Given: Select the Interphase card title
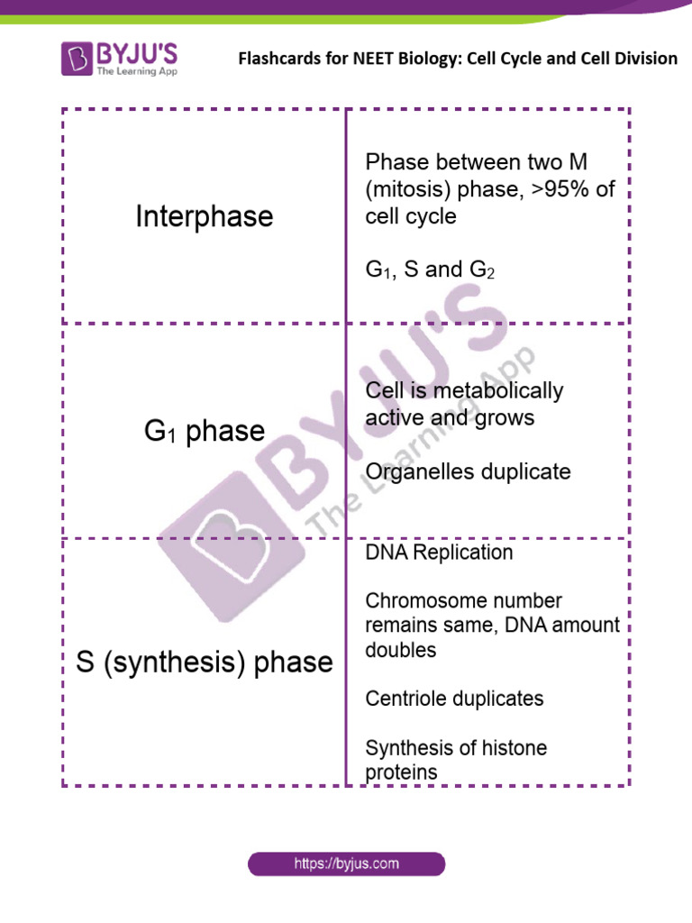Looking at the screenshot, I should point(204,216).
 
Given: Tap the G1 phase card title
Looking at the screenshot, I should point(204,431).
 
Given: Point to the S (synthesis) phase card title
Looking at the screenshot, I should point(204,663).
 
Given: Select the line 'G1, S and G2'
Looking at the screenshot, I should point(430,270).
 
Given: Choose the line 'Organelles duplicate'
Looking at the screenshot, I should point(468,472).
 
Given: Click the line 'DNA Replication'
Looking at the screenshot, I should point(439,553).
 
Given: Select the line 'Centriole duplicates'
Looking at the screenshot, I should point(454,699).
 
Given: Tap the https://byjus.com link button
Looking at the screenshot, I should point(347,864).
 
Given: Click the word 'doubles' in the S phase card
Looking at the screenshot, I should point(401,650).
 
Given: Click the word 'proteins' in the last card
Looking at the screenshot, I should point(401,772).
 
